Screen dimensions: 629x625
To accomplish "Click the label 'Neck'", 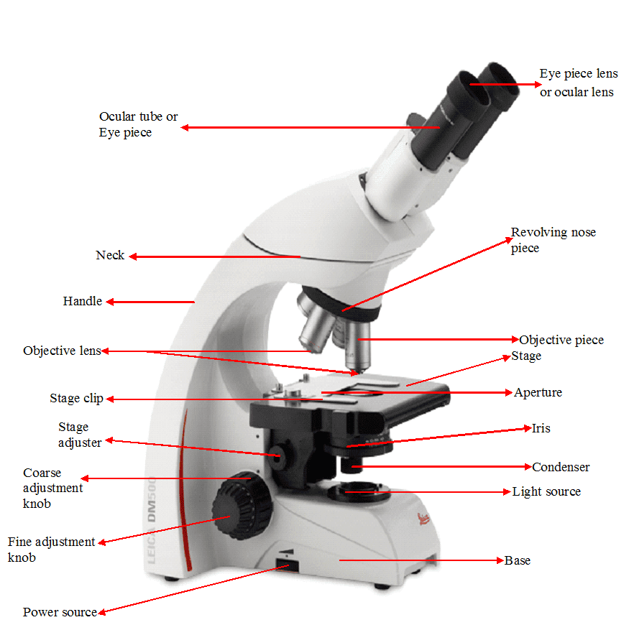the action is tap(110, 255).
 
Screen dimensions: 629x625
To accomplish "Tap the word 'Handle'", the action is tap(82, 301).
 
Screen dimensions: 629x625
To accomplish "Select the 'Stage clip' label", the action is tap(77, 399).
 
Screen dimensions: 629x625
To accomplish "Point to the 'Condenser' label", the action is tap(561, 467).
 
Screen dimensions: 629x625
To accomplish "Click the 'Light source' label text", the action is tap(546, 491).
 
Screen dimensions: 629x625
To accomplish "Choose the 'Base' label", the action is tap(518, 560).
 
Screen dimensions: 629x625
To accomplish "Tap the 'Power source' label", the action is tap(60, 612).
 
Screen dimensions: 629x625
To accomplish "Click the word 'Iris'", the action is tap(541, 428).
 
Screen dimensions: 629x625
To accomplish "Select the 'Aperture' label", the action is tap(538, 392).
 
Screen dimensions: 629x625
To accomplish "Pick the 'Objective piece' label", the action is tap(561, 340).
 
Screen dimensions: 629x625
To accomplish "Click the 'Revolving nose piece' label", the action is tap(554, 240).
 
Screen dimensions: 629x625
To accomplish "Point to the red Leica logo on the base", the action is tap(423, 519).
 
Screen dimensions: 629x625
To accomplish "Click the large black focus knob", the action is tap(242, 506).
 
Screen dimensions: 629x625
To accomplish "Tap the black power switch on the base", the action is tap(288, 565).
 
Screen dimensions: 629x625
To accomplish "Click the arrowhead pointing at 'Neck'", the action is tap(133, 256).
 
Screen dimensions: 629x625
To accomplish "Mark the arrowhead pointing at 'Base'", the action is tap(500, 560).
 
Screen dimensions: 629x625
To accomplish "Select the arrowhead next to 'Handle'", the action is tap(110, 302).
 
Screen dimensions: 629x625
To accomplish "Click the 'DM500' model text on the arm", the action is tap(151, 499).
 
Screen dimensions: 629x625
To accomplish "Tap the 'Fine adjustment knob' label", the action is tap(51, 550).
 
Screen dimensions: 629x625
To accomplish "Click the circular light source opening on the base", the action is tap(358, 491).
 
